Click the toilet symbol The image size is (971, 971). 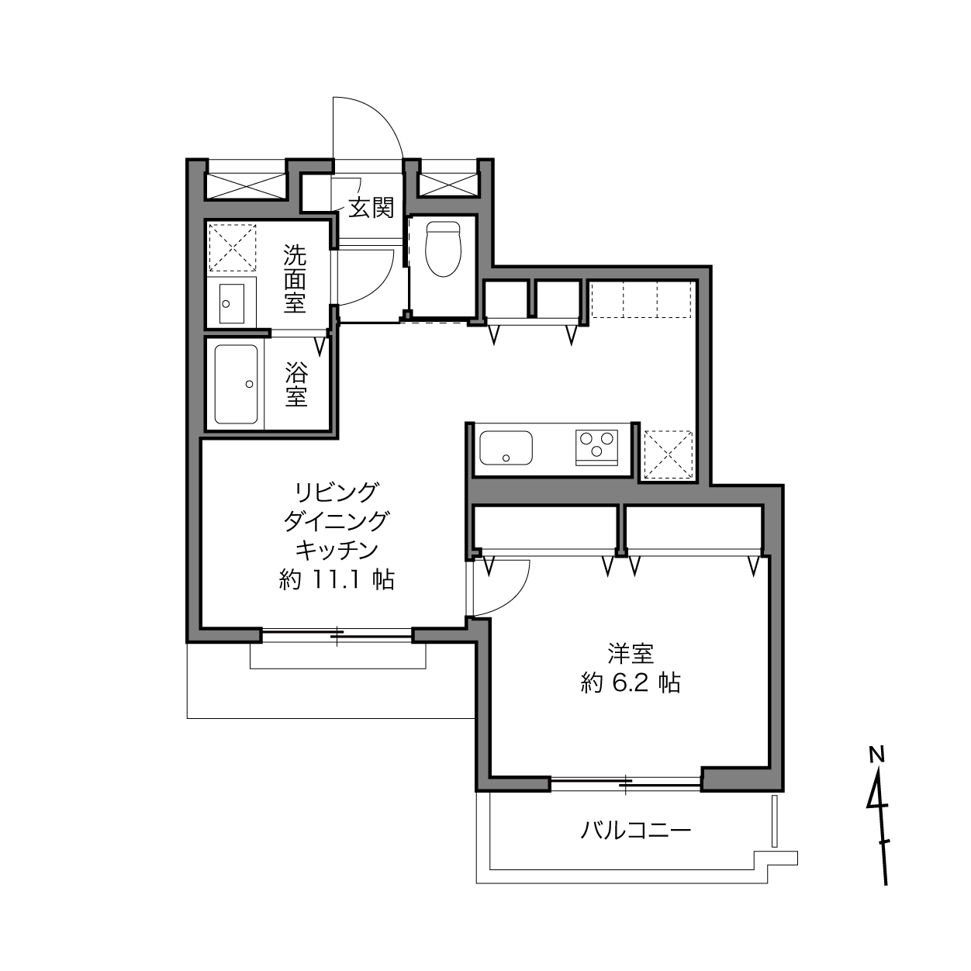(x=443, y=249)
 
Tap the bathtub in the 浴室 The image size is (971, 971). (x=236, y=384)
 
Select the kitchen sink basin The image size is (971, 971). (x=506, y=447)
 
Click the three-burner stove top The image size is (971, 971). (x=596, y=447)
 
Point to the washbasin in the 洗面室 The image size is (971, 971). (x=232, y=303)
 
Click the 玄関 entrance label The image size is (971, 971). (x=371, y=208)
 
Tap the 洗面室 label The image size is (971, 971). (x=295, y=278)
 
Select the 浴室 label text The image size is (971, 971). (x=296, y=384)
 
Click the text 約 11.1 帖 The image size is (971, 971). (x=337, y=580)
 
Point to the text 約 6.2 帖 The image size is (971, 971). (x=631, y=683)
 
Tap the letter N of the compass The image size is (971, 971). (x=877, y=755)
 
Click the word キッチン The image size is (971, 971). (x=337, y=550)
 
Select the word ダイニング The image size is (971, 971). (x=337, y=521)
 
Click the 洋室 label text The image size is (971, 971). (x=631, y=654)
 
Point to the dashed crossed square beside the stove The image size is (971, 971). (x=669, y=454)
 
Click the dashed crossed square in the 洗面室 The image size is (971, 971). (x=233, y=247)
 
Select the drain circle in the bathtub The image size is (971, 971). (x=249, y=384)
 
